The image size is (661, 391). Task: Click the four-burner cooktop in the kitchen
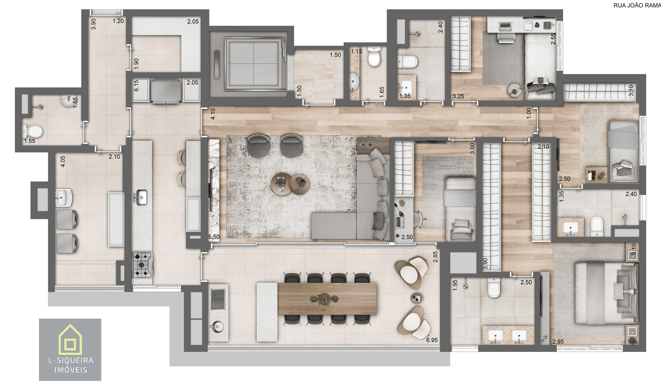pos(142,265)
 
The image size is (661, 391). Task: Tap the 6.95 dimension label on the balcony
pos(432,340)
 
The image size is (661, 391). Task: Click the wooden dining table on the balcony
pos(327,299)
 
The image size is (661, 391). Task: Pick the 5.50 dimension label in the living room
pos(214,237)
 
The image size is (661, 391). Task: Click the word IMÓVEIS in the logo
pos(71,370)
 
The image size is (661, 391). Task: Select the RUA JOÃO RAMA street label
pos(636,5)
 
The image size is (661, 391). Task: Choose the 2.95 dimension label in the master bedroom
pos(558,342)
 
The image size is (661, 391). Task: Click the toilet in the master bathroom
pos(493,288)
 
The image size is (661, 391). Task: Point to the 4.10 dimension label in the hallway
pos(213,114)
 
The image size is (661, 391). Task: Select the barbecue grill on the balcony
pos(218,299)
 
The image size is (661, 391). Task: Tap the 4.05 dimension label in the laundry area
pos(63,161)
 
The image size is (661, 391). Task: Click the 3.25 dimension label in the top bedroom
pos(458,97)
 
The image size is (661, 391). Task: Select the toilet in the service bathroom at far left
pos(33,131)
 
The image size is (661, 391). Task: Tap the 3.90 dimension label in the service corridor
pos(93,24)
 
